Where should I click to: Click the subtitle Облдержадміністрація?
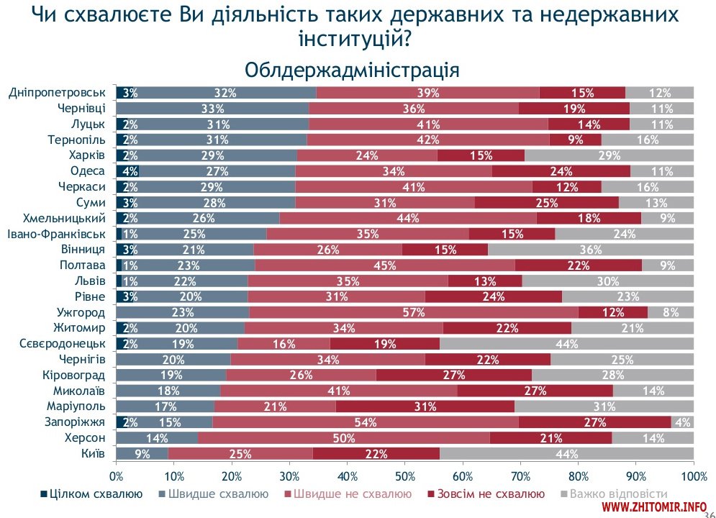pyautogui.click(x=352, y=70)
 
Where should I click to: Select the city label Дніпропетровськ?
pyautogui.click(x=58, y=92)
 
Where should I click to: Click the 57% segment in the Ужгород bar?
pyautogui.click(x=414, y=312)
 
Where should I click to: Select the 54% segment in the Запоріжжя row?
pyautogui.click(x=366, y=422)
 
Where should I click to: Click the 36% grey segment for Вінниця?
pyautogui.click(x=591, y=250)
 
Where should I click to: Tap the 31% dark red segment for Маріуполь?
pyautogui.click(x=425, y=406)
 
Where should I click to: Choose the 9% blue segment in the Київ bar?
pyautogui.click(x=142, y=453)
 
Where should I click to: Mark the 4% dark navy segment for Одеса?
pyautogui.click(x=127, y=171)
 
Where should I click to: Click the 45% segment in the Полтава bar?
pyautogui.click(x=385, y=265)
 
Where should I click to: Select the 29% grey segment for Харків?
pyautogui.click(x=609, y=155)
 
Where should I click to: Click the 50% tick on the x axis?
pyautogui.click(x=405, y=476)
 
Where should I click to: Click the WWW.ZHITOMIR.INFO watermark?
pyautogui.click(x=648, y=508)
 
